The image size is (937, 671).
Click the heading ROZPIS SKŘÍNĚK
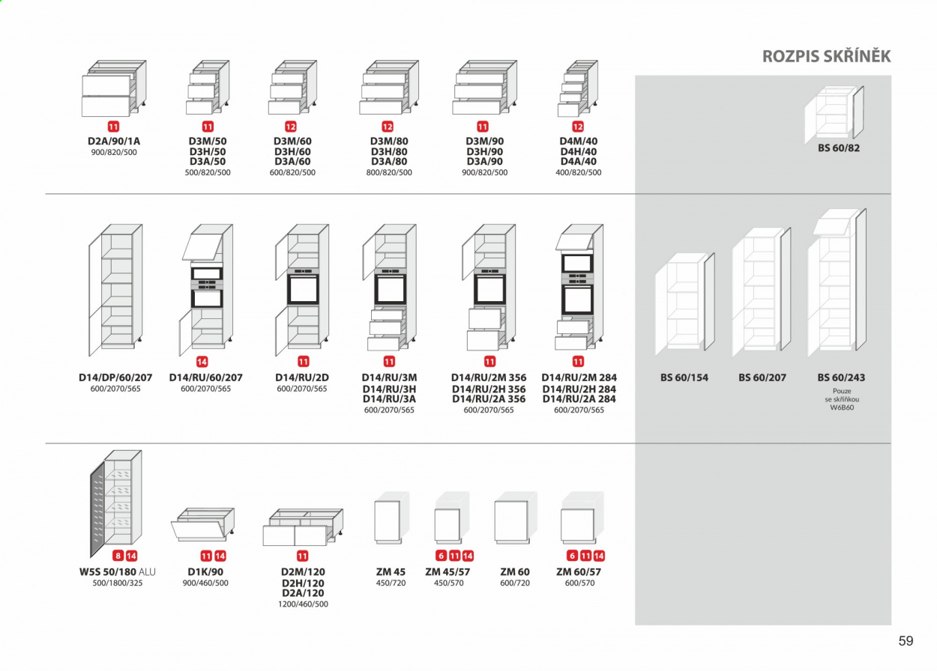(826, 56)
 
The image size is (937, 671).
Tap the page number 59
(906, 641)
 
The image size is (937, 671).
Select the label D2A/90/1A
(114, 142)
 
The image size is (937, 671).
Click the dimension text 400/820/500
(578, 172)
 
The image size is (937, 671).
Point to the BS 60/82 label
(839, 148)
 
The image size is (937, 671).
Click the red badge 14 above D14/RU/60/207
(202, 362)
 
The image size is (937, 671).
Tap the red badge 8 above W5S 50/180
(118, 556)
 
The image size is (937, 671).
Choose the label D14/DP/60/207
(115, 377)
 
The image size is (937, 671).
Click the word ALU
(147, 572)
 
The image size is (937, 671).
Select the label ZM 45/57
(448, 572)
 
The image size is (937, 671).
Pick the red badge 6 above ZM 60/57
(572, 556)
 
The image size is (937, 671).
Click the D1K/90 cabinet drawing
(203, 524)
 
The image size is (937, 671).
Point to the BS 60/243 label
(841, 377)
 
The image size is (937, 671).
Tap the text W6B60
(842, 407)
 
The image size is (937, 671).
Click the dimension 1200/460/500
(303, 604)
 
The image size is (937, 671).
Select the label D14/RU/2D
(302, 377)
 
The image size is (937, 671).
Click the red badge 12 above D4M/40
(578, 127)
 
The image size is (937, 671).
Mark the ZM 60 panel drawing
(516, 518)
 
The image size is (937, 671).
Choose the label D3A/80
(389, 161)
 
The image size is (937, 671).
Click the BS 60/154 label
(684, 377)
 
